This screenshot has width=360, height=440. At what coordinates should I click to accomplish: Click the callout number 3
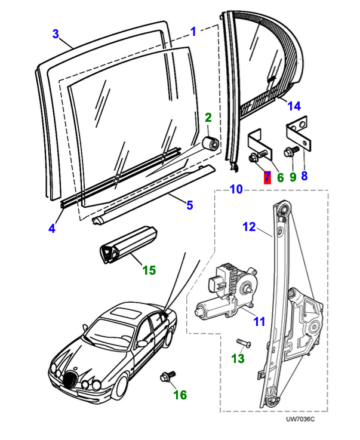coord(56,33)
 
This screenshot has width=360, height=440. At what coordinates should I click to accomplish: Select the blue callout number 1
coord(193,30)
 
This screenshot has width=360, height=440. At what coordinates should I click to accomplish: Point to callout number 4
coord(52,228)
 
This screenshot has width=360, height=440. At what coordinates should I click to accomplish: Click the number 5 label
coord(189,205)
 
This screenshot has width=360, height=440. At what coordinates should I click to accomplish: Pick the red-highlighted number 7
coord(266,177)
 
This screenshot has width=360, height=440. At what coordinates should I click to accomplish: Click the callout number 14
coord(294,106)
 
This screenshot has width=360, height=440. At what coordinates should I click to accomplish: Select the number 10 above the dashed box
coord(236,189)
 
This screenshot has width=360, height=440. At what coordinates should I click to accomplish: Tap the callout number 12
coord(249,226)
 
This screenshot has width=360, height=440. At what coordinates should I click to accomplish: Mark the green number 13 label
coord(238,358)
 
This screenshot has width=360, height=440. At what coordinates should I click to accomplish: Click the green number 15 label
coord(149,270)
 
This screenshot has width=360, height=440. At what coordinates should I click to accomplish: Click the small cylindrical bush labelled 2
coord(210,144)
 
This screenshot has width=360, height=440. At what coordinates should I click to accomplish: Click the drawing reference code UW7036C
coord(300,419)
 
